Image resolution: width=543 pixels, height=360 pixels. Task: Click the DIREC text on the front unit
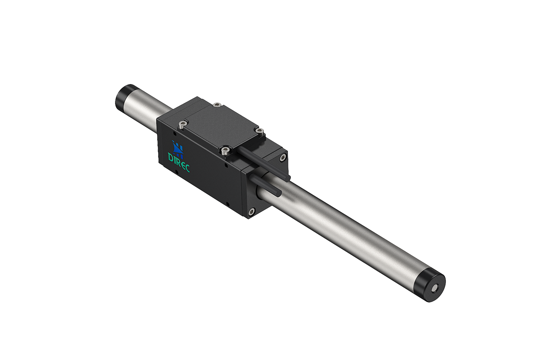pyautogui.click(x=179, y=162)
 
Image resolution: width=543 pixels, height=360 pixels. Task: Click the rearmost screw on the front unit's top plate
pyautogui.click(x=217, y=105)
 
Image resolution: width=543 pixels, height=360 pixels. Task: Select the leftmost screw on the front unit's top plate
pyautogui.click(x=183, y=123)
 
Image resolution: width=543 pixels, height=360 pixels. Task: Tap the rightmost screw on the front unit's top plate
pyautogui.click(x=260, y=131)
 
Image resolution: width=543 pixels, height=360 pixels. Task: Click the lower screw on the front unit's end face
pyautogui.click(x=251, y=212)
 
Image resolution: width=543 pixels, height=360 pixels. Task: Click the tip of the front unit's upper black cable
pyautogui.click(x=288, y=178)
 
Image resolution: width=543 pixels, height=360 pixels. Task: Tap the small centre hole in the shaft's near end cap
pyautogui.click(x=435, y=289)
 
